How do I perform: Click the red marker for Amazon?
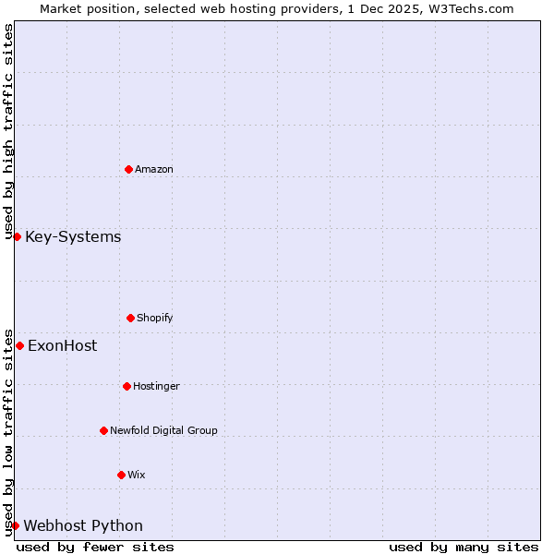click(x=128, y=169)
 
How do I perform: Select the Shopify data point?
click(x=130, y=318)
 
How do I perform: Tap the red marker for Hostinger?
click(x=126, y=386)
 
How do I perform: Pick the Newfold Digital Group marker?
click(x=103, y=430)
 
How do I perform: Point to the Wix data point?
click(x=121, y=475)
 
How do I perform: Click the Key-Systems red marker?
click(x=17, y=237)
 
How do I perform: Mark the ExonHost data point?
click(x=19, y=346)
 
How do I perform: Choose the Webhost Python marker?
click(x=15, y=526)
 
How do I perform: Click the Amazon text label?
click(x=154, y=170)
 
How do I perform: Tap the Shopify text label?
click(x=155, y=319)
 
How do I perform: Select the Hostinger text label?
click(x=156, y=387)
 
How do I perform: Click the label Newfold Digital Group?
click(x=163, y=431)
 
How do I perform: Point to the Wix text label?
click(x=137, y=476)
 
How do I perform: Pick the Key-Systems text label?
click(x=73, y=237)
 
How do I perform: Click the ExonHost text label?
click(x=62, y=346)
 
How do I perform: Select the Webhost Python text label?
click(x=83, y=526)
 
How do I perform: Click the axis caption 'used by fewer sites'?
click(x=95, y=547)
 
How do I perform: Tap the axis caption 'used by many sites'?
click(x=464, y=547)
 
